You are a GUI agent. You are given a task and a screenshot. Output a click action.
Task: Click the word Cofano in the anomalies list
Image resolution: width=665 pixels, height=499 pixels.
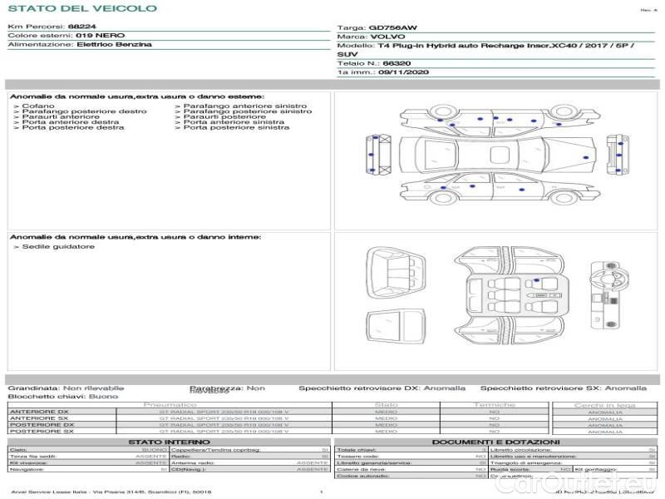38,106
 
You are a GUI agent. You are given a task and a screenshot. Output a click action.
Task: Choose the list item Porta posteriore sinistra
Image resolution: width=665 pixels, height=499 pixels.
236,127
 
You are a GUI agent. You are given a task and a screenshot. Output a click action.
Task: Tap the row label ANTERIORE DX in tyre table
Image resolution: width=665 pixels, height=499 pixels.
39,412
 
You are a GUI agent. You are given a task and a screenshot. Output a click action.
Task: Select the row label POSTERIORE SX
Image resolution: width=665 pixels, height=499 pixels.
40,431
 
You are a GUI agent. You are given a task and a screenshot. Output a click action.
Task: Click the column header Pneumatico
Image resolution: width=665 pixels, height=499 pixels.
182,405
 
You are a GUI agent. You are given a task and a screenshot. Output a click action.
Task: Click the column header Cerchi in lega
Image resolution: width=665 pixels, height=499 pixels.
604,405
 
